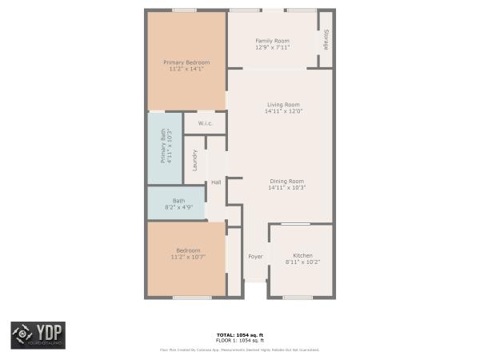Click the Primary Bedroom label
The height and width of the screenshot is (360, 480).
pyautogui.click(x=186, y=62)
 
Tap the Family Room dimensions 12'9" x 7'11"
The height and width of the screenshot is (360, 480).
pyautogui.click(x=272, y=47)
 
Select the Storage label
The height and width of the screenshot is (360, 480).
pyautogui.click(x=326, y=41)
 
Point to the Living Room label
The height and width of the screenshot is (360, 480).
pyautogui.click(x=282, y=105)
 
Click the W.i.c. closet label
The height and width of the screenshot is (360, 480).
pyautogui.click(x=205, y=123)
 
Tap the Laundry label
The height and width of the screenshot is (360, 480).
pyautogui.click(x=194, y=161)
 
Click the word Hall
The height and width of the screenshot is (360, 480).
pyautogui.click(x=216, y=182)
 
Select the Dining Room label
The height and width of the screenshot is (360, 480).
pyautogui.click(x=286, y=181)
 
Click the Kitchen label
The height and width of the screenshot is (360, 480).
pyautogui.click(x=303, y=255)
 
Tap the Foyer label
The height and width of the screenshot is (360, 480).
pyautogui.click(x=255, y=257)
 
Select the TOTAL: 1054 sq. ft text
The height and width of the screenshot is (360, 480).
pyautogui.click(x=239, y=334)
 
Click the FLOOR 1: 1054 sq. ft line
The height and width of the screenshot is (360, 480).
pyautogui.click(x=239, y=341)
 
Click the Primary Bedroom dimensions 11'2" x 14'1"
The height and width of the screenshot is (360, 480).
pyautogui.click(x=186, y=69)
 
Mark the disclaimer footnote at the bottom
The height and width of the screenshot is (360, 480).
pyautogui.click(x=239, y=350)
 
